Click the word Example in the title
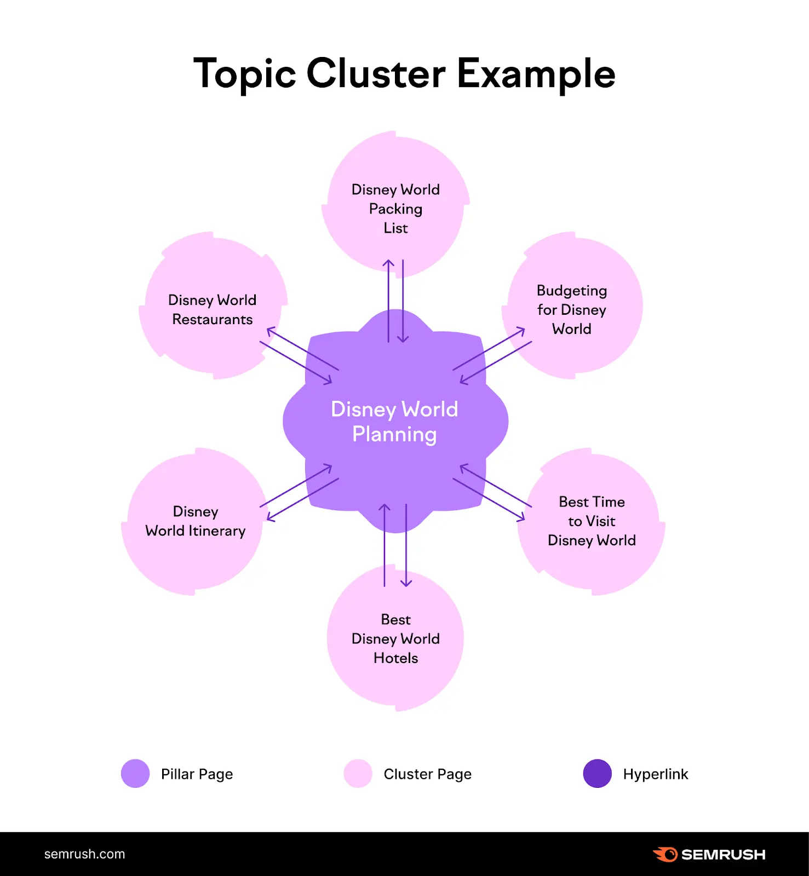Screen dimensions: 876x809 point(536,74)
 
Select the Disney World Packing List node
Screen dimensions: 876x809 point(395,209)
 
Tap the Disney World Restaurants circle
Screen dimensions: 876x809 point(213,309)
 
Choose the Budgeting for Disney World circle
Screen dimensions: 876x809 point(571,309)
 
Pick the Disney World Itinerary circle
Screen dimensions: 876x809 point(195,521)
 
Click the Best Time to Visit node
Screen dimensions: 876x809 point(592,521)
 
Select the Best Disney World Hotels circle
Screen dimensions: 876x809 point(395,639)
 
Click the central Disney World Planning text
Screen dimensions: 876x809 point(394,422)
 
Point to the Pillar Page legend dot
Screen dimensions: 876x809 point(135,774)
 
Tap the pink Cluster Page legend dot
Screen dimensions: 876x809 point(358,774)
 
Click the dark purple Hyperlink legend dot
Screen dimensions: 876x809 point(598,774)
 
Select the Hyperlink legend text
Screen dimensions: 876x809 point(655,774)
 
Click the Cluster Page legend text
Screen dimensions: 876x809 point(427,774)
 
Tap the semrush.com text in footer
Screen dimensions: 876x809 point(84,854)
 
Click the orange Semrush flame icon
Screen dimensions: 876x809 point(665,854)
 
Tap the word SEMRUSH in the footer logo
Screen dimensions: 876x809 point(723,855)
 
